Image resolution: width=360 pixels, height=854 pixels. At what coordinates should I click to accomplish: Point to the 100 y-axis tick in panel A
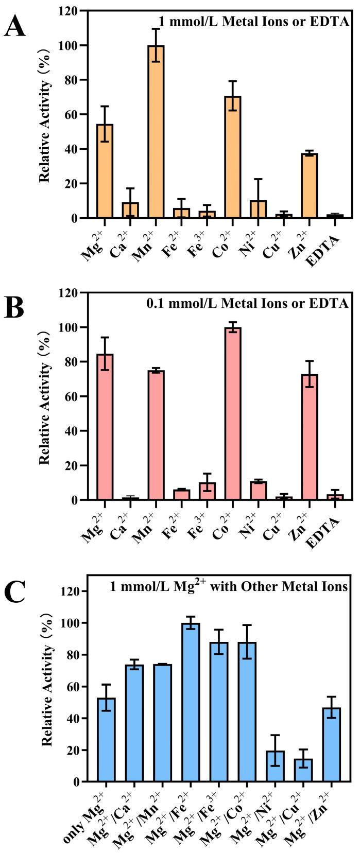(71, 46)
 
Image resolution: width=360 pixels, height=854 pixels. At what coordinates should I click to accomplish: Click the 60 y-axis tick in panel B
(74, 396)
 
